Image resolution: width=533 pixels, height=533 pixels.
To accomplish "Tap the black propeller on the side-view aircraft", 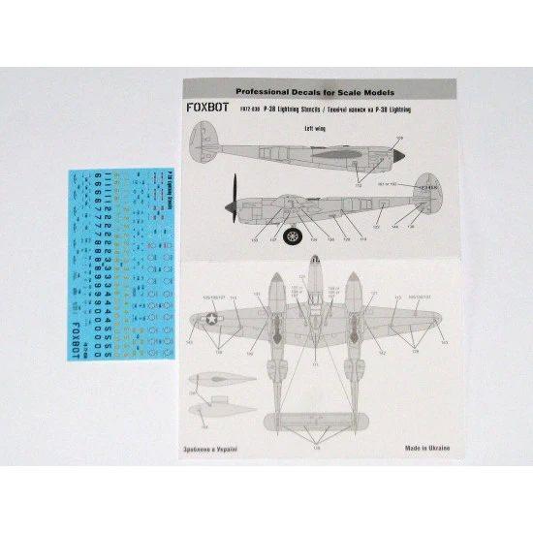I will click(234, 198).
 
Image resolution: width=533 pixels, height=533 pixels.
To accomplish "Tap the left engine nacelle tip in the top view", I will click(277, 281).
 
